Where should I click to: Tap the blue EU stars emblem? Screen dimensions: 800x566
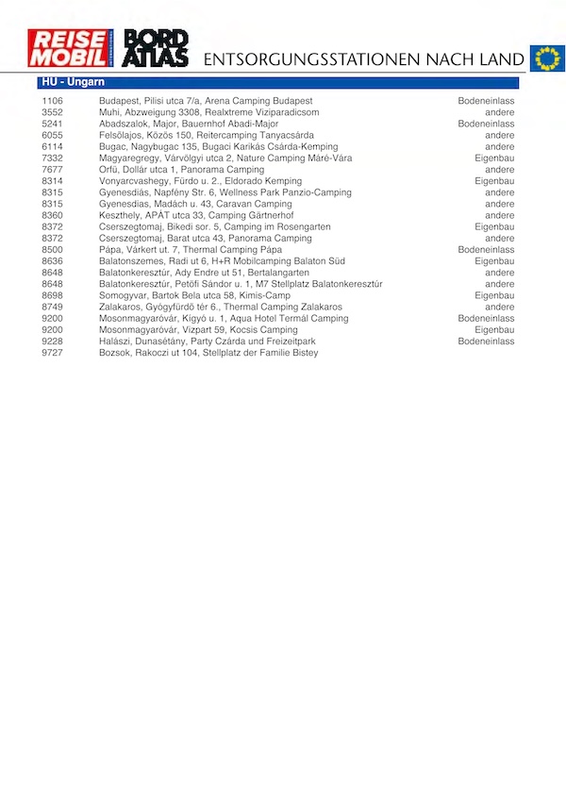(546, 58)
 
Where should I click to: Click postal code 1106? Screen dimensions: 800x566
(53, 101)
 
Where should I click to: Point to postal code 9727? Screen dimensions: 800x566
(53, 353)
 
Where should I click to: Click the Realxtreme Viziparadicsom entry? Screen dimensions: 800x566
(208, 112)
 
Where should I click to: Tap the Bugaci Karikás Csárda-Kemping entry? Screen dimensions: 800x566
(218, 146)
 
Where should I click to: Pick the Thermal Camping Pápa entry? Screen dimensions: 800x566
(191, 250)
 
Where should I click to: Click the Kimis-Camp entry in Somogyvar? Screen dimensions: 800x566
(193, 295)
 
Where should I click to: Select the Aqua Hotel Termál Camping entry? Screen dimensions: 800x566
(224, 319)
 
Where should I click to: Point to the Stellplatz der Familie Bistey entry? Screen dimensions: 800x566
(208, 353)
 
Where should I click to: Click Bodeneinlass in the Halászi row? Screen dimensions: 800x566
(486, 342)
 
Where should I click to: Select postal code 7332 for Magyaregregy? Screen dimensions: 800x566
(53, 158)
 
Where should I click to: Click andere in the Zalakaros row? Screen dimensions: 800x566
(500, 307)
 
